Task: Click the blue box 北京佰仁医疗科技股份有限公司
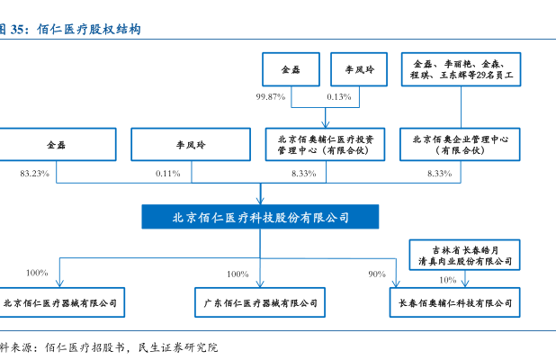pos(260,217)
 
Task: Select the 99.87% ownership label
pos(271,97)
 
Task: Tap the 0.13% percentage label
pos(339,97)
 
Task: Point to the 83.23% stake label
pos(34,174)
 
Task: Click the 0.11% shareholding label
pos(167,174)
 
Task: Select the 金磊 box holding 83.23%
pos(57,144)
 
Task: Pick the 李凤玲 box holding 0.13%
pos(359,69)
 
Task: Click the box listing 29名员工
pos(461,69)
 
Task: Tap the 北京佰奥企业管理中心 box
pos(460,144)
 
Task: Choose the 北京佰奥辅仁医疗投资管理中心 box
pos(325,144)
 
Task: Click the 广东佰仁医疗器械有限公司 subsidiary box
pos(260,302)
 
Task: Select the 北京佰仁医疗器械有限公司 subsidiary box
pos(61,302)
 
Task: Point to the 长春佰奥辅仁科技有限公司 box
pos(455,302)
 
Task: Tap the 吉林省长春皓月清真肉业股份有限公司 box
pos(464,255)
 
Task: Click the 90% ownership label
pos(377,274)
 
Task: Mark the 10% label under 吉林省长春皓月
pos(447,280)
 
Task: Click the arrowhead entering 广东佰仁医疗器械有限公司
pos(260,283)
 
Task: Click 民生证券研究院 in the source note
pos(178,347)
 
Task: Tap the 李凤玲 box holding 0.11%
pos(191,144)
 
